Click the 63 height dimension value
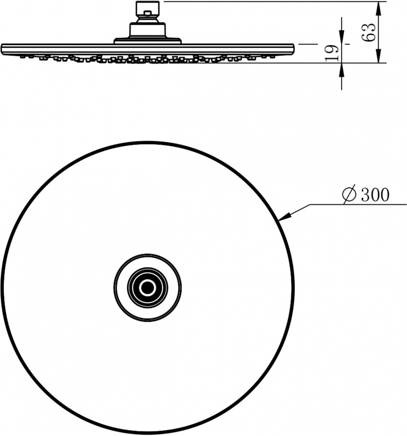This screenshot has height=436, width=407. pos(369,32)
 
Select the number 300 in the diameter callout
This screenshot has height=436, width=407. pos(375,195)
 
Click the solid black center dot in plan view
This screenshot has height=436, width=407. pos(147,288)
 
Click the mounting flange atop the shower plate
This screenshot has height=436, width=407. pos(147,41)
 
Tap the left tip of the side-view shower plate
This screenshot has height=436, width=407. pos(3,48)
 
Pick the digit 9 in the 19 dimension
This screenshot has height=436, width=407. pos(331,48)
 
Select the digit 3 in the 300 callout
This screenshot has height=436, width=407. pos(364,195)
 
